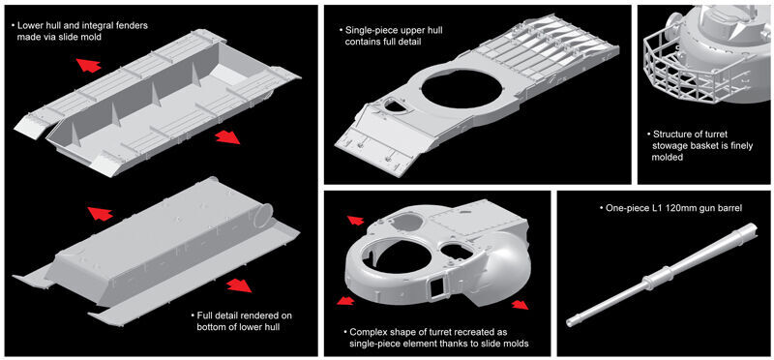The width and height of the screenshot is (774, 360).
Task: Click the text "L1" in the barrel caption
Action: click(x=658, y=208)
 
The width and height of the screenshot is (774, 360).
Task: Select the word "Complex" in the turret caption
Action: click(x=366, y=331)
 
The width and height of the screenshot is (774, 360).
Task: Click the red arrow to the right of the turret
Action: click(x=520, y=305)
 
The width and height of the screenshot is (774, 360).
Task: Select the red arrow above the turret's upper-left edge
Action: click(x=355, y=220)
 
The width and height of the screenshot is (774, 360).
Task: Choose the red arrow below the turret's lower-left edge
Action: click(x=345, y=300)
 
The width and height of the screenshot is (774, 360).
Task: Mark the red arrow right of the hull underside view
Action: click(x=239, y=285)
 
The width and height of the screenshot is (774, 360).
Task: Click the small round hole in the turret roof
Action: click(x=451, y=251)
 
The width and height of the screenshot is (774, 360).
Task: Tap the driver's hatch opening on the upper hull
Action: click(x=392, y=105)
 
